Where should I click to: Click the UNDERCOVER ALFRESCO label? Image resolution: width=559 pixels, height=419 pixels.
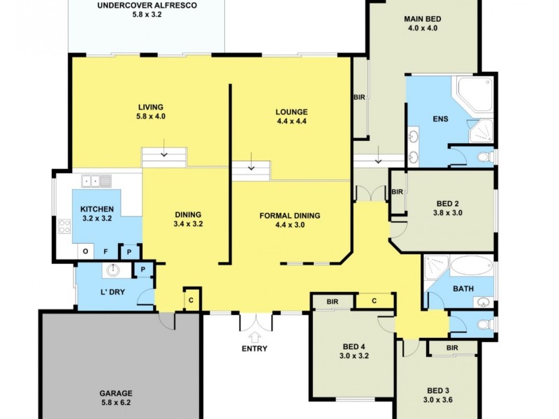(147, 5)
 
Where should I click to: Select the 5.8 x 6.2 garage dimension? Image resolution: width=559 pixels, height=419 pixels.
(115, 404)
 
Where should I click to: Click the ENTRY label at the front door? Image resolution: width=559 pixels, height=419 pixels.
(254, 348)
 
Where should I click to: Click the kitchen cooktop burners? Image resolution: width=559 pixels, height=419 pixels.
(64, 226)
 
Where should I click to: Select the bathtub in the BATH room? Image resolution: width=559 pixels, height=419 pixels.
(471, 266)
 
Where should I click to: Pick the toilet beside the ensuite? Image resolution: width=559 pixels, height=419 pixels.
(484, 157)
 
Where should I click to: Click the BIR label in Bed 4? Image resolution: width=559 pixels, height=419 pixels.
(333, 301)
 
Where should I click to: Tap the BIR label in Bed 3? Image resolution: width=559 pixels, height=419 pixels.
(451, 347)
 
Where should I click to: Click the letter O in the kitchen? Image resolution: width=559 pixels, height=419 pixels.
(85, 251)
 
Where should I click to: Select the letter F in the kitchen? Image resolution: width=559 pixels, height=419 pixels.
(106, 251)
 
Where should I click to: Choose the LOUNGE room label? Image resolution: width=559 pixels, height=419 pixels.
(291, 112)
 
